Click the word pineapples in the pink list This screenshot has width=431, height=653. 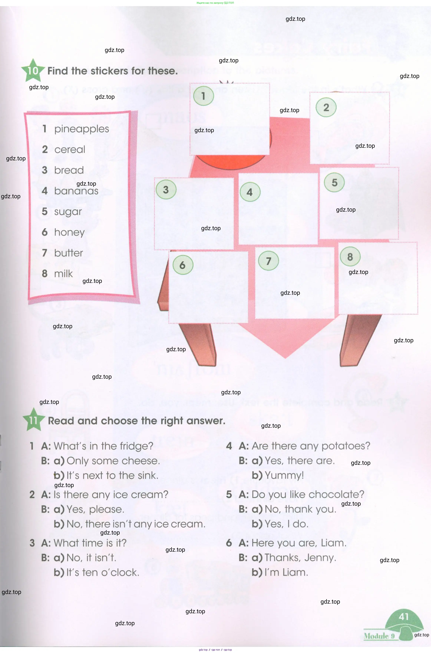[82, 129]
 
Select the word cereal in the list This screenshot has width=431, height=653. [70, 149]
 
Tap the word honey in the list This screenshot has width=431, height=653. [69, 233]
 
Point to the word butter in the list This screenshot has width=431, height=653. [68, 253]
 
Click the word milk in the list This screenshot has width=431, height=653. [64, 274]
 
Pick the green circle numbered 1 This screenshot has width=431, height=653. [203, 96]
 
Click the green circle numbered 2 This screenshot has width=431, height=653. [326, 107]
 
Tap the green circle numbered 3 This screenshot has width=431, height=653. [166, 189]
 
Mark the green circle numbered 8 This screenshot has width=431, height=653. [350, 257]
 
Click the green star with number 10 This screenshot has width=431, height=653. [33, 71]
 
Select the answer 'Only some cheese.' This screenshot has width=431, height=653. [113, 461]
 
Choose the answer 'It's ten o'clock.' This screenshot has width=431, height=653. [103, 573]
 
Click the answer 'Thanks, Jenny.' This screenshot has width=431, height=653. [300, 558]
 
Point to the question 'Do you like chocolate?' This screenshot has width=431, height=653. [308, 494]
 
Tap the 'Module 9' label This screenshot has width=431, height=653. [379, 636]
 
